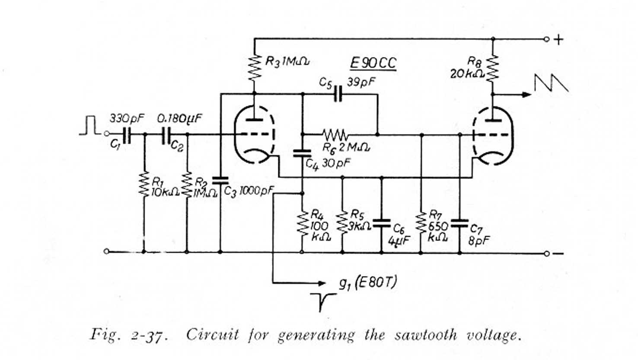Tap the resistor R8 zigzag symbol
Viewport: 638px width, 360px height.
(493, 68)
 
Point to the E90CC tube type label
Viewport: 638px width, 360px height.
(373, 64)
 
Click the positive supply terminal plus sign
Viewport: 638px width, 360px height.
(559, 40)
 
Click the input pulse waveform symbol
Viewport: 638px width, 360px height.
(90, 126)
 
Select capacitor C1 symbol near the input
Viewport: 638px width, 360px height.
(126, 135)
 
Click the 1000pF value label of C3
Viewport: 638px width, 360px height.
(257, 190)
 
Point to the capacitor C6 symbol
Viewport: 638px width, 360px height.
(381, 223)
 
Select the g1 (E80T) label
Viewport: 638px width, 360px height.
(367, 283)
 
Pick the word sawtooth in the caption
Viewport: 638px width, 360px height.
(415, 335)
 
